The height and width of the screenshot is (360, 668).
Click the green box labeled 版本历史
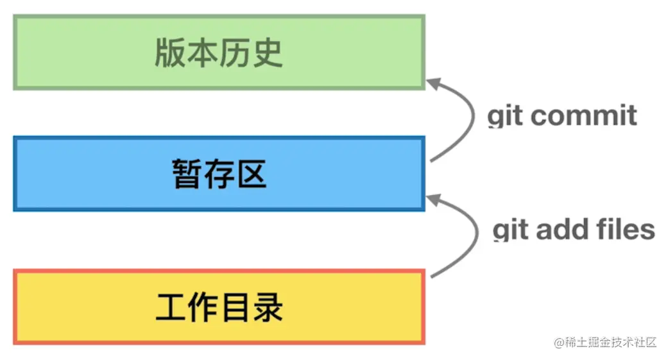coord(218,53)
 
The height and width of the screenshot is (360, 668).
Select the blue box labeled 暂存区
coord(218,173)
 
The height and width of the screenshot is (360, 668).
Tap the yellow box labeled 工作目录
coord(218,307)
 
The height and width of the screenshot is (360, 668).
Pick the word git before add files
coord(511,230)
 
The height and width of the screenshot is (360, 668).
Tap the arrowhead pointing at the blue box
coord(435,200)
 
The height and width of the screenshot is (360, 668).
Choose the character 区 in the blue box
coord(250,173)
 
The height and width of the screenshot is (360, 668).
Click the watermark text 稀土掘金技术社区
coord(610,342)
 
